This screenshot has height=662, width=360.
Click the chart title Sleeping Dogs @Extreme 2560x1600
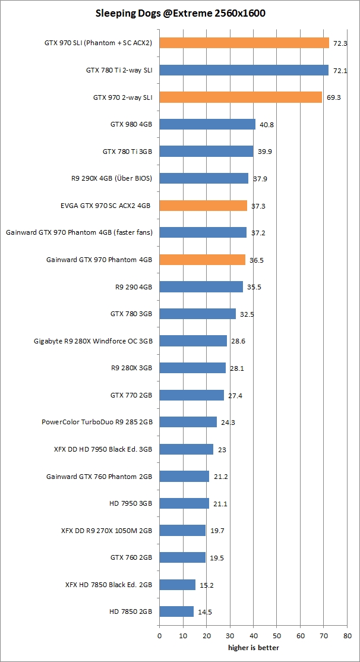coord(180,13)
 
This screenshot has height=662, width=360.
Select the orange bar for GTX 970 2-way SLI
coord(241,97)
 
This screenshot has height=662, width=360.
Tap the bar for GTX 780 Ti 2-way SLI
coord(244,70)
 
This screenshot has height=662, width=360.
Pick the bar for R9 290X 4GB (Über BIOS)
coord(204,178)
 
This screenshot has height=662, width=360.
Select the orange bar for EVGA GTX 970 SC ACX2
coord(203,206)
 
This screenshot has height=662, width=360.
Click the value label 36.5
coord(257,260)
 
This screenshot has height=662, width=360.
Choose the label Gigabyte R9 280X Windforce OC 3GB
coord(93,341)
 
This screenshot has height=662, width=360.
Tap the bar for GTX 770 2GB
coord(191,395)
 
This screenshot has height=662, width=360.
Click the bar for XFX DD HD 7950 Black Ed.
coord(186,449)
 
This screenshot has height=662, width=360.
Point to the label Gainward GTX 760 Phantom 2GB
coord(99,476)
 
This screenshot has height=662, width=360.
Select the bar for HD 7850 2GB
coord(176,611)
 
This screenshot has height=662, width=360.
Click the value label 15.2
coord(207,585)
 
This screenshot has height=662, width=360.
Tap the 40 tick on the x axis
coord(253,636)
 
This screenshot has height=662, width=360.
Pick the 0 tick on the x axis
coord(159,636)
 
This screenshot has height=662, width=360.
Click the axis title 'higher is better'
coord(253,647)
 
